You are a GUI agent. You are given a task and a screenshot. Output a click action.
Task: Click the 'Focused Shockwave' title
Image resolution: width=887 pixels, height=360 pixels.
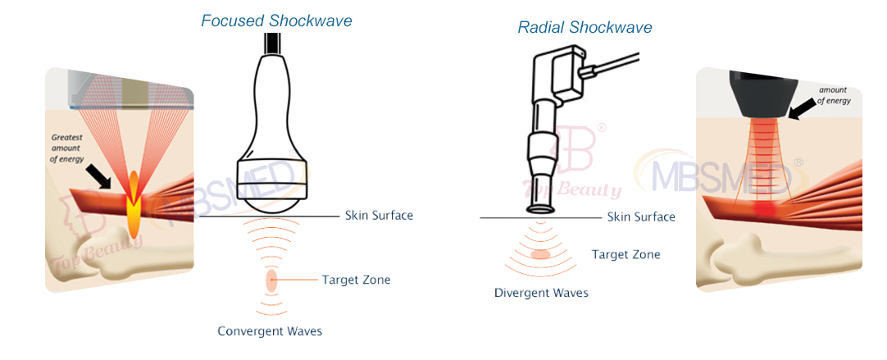tap(276, 21)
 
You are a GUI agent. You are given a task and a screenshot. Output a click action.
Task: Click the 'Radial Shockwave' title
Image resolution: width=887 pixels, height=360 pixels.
tap(585, 27)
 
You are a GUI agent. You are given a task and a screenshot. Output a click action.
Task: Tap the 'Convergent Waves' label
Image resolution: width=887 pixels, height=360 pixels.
tap(270, 331)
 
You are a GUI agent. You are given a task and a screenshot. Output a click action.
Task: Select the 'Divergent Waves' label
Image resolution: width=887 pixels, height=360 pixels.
tap(540, 293)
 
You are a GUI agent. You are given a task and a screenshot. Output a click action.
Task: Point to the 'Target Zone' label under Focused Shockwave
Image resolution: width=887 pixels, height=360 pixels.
tap(356, 280)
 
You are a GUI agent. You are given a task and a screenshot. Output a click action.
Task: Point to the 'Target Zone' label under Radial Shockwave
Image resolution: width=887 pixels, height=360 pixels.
tap(625, 254)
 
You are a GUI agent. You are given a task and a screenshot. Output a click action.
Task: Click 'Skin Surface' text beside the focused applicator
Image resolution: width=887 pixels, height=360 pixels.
tap(378, 216)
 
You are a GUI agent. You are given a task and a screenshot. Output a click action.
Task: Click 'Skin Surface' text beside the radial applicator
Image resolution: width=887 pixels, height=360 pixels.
tap(641, 216)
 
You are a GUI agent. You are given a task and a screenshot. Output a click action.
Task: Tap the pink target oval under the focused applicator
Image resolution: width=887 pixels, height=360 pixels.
tap(271, 280)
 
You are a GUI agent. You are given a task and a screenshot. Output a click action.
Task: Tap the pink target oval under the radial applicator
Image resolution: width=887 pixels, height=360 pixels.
tap(540, 254)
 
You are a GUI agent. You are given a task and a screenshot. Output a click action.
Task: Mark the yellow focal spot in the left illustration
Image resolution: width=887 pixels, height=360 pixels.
tap(134, 205)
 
